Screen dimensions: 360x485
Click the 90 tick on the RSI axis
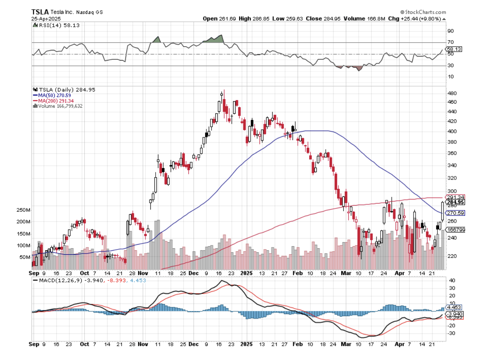[x=450, y=31]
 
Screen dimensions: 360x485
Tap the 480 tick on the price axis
[x=452, y=93]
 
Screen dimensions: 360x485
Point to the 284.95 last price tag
[x=455, y=202]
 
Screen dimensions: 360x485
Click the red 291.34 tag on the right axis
[x=455, y=197]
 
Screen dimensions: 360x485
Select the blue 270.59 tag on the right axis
[x=455, y=213]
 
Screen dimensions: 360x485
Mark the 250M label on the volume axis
[x=24, y=210]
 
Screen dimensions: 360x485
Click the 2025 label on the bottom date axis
[x=245, y=344]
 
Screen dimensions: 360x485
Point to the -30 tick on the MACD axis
[x=451, y=333]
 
